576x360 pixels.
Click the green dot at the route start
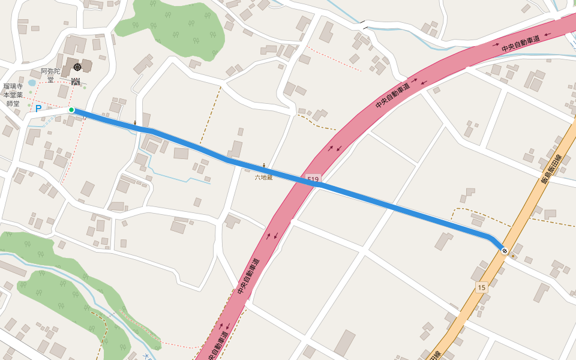pos(71,110)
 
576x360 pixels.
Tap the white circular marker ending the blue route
pos(505,251)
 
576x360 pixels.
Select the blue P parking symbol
pos(38,109)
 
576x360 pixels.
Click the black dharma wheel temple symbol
pos(77,67)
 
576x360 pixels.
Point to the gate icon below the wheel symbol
pos(76,82)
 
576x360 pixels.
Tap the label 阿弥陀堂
pos(50,75)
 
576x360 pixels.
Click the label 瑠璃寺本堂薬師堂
pos(13,95)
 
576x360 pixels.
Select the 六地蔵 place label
pos(263,178)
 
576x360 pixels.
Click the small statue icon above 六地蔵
pos(263,166)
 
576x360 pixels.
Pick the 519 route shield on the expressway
pos(313,179)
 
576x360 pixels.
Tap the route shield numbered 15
pos(481,287)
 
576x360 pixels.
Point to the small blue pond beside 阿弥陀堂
pos(32,83)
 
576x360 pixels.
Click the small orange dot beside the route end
pos(512,256)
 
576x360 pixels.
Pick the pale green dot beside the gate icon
pos(85,88)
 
